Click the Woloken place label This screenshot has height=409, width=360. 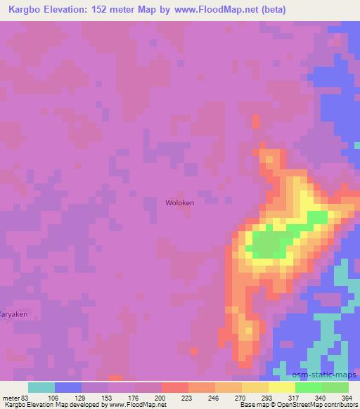[x=179, y=202]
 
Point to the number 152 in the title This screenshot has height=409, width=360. [x=113, y=8]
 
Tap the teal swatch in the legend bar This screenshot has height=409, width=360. [x=41, y=387]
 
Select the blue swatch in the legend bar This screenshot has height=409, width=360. [x=68, y=387]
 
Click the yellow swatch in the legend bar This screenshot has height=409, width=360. [x=282, y=387]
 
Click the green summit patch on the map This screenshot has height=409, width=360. [x=266, y=245]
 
